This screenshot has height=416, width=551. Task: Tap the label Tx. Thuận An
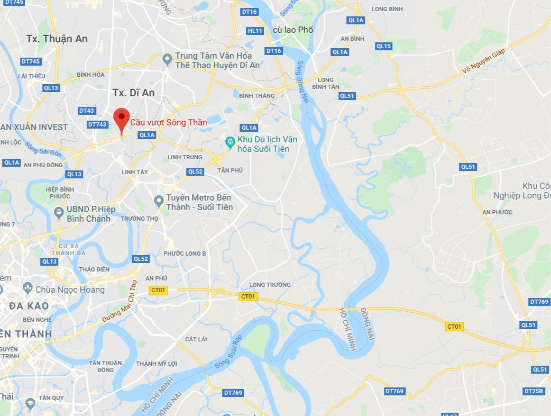coord(57,39)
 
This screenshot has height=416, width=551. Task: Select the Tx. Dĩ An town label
coord(133,93)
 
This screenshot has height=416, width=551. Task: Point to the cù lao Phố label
coord(293,30)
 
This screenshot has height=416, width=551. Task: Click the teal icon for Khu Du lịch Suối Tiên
coord(230,141)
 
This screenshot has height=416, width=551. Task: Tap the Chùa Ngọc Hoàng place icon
coord(28,289)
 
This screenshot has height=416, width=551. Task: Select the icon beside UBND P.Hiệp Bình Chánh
coord(59,212)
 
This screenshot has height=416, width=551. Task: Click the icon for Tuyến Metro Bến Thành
coord(158,201)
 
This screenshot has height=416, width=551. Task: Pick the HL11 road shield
coord(255,31)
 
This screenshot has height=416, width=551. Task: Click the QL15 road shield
coord(383,46)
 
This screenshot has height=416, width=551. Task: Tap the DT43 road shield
coord(86,111)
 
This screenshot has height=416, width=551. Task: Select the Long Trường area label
coord(270,285)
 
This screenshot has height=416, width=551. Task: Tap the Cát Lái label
coord(196,339)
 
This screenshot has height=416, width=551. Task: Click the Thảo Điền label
coord(94,269)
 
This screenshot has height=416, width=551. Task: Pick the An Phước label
coord(497,212)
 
